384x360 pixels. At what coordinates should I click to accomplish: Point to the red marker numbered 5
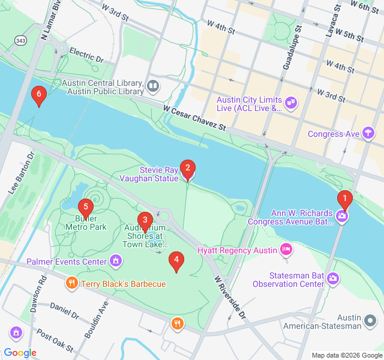(x=86, y=208)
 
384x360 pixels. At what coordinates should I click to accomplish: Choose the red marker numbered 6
(x=39, y=95)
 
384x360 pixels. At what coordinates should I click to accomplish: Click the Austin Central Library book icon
(x=153, y=87)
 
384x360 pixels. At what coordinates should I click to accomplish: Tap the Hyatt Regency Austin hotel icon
(x=287, y=249)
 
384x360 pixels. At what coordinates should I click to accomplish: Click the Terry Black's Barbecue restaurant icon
(x=71, y=283)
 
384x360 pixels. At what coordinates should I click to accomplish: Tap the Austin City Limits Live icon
(x=291, y=103)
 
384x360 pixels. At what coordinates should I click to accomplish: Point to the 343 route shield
(x=20, y=40)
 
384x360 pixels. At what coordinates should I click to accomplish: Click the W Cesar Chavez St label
(x=194, y=118)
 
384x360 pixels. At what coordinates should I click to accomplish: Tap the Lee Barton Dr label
(x=22, y=172)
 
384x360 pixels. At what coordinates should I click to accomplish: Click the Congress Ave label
(x=334, y=134)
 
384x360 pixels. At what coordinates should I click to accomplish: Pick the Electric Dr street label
(x=86, y=56)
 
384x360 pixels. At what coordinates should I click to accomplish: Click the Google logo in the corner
(x=20, y=352)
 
